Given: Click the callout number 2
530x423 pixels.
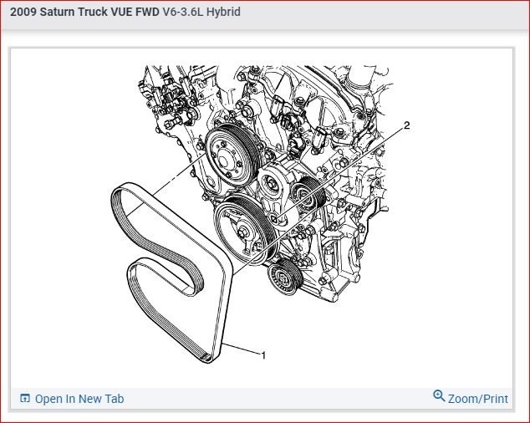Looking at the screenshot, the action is point(406,125).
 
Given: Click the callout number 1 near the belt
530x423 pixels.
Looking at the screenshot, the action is point(263,355).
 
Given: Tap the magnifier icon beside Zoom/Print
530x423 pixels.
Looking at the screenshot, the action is point(439,395).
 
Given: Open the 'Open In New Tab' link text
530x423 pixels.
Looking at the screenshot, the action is point(79,399).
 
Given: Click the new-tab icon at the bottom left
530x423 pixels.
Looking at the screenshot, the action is point(25,398).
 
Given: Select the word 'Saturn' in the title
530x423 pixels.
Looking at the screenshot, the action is point(58,12).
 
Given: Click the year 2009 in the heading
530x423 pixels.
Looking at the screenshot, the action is point(23,12).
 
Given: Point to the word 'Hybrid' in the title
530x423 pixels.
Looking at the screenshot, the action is point(223,12).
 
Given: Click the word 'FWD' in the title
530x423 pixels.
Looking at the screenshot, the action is point(147,12).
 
